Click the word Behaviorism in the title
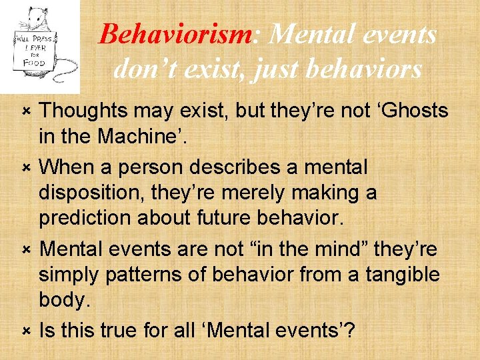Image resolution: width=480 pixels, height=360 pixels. click(175, 34)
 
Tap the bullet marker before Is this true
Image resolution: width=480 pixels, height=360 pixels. click(25, 330)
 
